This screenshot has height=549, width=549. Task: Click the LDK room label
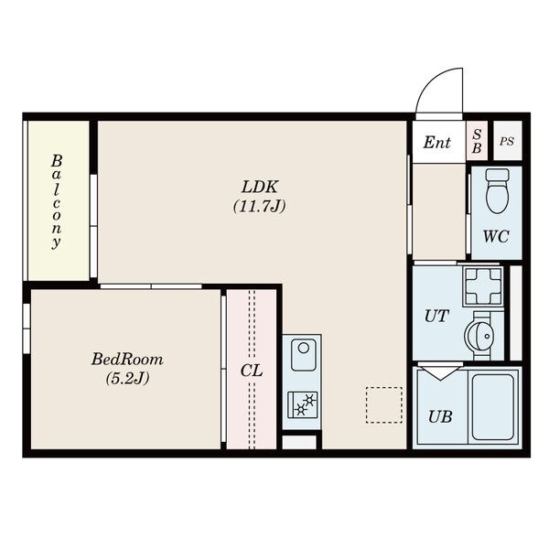pos(260,187)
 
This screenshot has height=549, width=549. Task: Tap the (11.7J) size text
pos(260,206)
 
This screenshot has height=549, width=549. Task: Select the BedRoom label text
pos(127,360)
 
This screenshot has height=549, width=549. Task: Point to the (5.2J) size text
pos(127,378)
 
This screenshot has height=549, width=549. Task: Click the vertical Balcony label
pos(57,201)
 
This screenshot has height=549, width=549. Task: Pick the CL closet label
pos(252,371)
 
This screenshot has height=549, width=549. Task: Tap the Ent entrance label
pos(436,143)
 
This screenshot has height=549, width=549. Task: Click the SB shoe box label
pos(477,141)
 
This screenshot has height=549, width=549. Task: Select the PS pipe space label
pos(507,142)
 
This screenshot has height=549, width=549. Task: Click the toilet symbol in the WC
pos(498,191)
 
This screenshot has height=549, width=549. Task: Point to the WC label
pos(496,236)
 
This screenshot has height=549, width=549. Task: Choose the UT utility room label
pos(436,316)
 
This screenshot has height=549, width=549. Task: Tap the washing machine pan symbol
pos(483,285)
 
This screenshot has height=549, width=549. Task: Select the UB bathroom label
pos(440,416)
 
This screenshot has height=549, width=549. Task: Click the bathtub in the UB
pos(492,407)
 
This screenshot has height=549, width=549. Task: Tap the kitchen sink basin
pos(304,355)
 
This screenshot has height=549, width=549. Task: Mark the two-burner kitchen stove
pos(303,404)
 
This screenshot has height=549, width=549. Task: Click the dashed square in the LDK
pos(384,404)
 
